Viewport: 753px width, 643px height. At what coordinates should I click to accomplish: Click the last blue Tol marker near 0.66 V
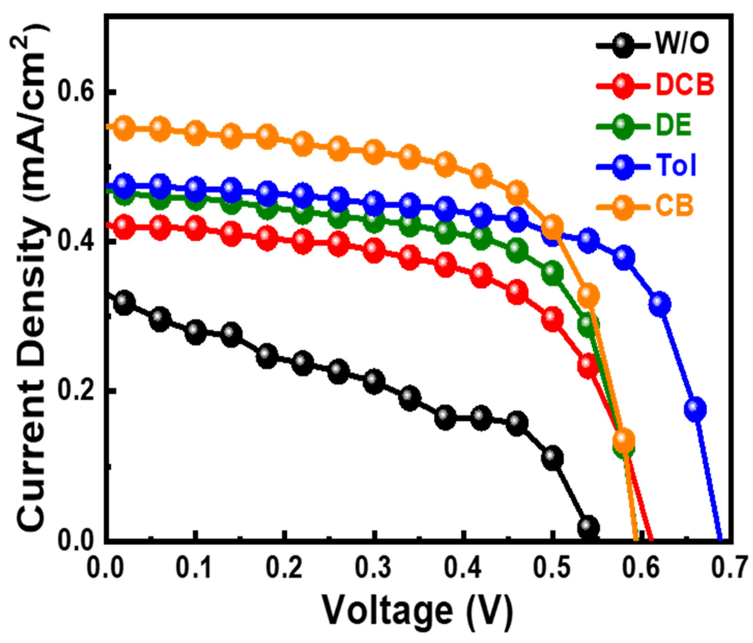point(695,409)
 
